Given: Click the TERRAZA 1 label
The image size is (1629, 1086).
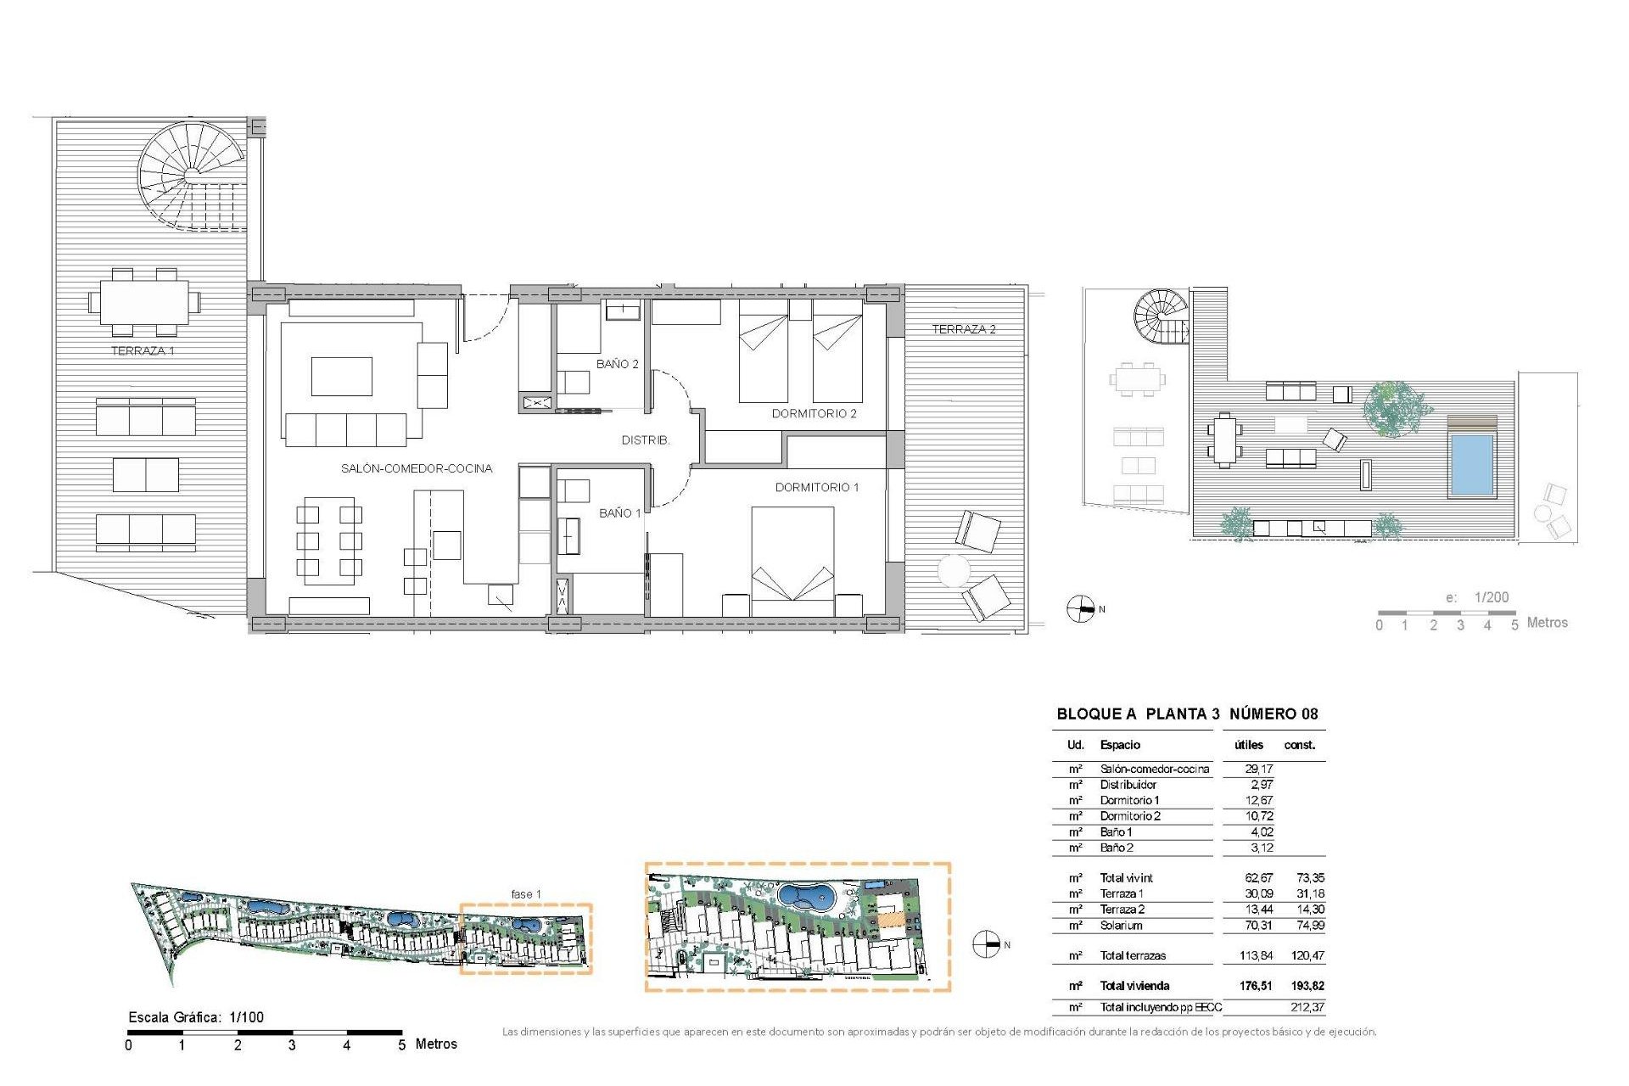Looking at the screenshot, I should click(x=143, y=350).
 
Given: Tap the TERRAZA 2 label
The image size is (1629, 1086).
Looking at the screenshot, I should click(x=964, y=329).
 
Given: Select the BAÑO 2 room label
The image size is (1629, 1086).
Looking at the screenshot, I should click(x=617, y=364).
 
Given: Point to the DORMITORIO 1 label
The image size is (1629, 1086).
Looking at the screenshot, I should click(x=817, y=487).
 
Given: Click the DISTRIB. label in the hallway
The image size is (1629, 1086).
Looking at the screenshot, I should click(x=646, y=440).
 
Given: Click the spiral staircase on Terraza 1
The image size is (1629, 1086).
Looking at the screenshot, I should click(x=192, y=176).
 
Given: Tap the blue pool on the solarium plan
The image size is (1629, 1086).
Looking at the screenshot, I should click(x=1471, y=465).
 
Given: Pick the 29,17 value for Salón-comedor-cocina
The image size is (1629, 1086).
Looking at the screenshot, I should click(x=1258, y=769).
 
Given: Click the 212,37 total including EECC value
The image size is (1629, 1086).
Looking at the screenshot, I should click(x=1307, y=1007).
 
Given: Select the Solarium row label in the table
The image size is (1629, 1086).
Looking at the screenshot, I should click(x=1121, y=926).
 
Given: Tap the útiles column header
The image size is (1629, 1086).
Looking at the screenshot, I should click(x=1248, y=745).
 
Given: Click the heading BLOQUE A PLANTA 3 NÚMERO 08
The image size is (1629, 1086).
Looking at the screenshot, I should click(x=1187, y=714).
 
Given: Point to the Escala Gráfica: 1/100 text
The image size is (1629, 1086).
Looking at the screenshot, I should click(x=196, y=1017).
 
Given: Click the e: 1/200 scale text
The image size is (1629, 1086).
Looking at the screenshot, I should click(x=1477, y=597).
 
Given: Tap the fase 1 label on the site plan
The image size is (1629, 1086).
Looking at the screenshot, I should click(x=526, y=894).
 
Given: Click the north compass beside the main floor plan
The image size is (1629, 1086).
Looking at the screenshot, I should click(x=1080, y=609).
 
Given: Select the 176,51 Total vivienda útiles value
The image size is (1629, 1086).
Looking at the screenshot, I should click(x=1257, y=986).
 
